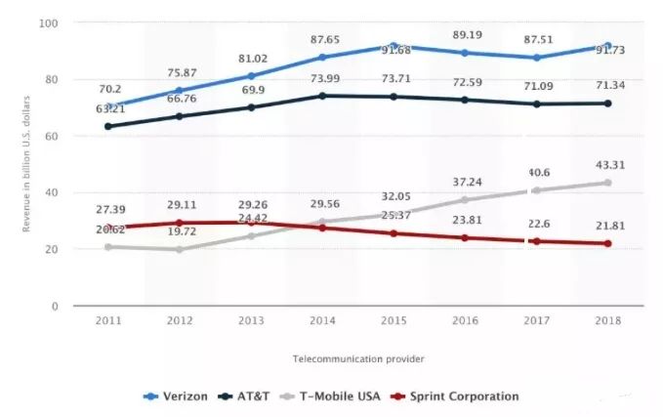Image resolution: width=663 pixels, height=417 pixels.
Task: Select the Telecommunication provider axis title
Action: tap(358, 359)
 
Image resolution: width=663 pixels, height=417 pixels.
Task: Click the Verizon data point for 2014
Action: tap(322, 58)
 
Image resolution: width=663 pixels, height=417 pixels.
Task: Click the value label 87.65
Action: tap(322, 39)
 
